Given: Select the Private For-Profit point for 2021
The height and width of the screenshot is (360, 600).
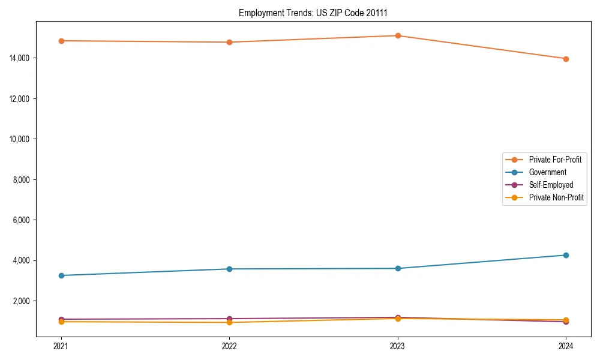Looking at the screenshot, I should pyautogui.click(x=61, y=41).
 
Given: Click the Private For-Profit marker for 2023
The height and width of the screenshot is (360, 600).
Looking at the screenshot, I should pyautogui.click(x=397, y=35).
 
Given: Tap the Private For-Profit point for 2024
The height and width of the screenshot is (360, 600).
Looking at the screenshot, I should pyautogui.click(x=566, y=59).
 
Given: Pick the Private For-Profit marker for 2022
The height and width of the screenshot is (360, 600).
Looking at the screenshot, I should pyautogui.click(x=229, y=42).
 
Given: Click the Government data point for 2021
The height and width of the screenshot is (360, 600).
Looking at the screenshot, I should pyautogui.click(x=61, y=275).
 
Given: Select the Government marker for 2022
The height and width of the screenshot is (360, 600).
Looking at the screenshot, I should pyautogui.click(x=229, y=269).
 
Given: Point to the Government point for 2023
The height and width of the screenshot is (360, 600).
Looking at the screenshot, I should pyautogui.click(x=397, y=268).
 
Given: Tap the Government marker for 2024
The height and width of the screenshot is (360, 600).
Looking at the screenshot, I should pyautogui.click(x=566, y=255).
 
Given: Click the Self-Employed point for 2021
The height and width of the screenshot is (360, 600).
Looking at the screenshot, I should pyautogui.click(x=61, y=319).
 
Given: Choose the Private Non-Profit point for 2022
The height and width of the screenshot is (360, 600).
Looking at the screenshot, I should pyautogui.click(x=229, y=323).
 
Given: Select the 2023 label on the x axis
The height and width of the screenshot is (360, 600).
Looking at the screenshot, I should pyautogui.click(x=397, y=346).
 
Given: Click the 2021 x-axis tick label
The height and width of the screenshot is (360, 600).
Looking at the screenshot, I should pyautogui.click(x=61, y=346).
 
